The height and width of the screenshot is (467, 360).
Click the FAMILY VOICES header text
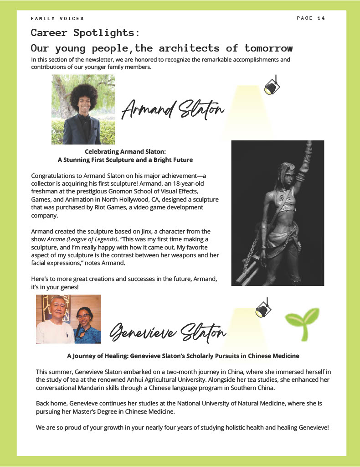pyautogui.click(x=57, y=18)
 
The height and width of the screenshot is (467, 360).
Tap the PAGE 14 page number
pyautogui.click(x=311, y=18)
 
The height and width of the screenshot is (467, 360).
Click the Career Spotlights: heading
pyautogui.click(x=85, y=33)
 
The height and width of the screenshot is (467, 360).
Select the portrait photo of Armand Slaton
pyautogui.click(x=83, y=109)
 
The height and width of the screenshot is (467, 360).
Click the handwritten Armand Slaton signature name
pyautogui.click(x=173, y=109)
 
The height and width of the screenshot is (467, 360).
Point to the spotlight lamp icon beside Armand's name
pyautogui.click(x=272, y=86)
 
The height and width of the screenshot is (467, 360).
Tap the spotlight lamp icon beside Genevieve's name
pyautogui.click(x=263, y=310)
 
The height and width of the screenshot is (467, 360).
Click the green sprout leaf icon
pyautogui.click(x=302, y=324)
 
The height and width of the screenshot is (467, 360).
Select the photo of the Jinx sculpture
pyautogui.click(x=278, y=213)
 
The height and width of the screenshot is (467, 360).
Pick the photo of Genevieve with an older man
pyautogui.click(x=68, y=319)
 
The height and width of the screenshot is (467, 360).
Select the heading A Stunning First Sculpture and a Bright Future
pyautogui.click(x=125, y=160)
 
